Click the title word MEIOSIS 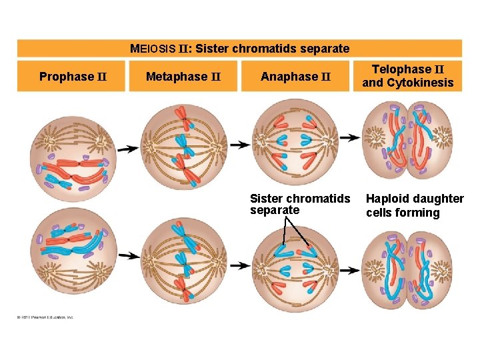[x=153, y=49]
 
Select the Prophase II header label [x=73, y=77]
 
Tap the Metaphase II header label [x=184, y=77]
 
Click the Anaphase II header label [x=295, y=77]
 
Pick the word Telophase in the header [x=402, y=69]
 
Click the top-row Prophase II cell [x=75, y=155]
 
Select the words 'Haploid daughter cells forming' [x=415, y=205]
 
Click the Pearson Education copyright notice [x=45, y=317]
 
